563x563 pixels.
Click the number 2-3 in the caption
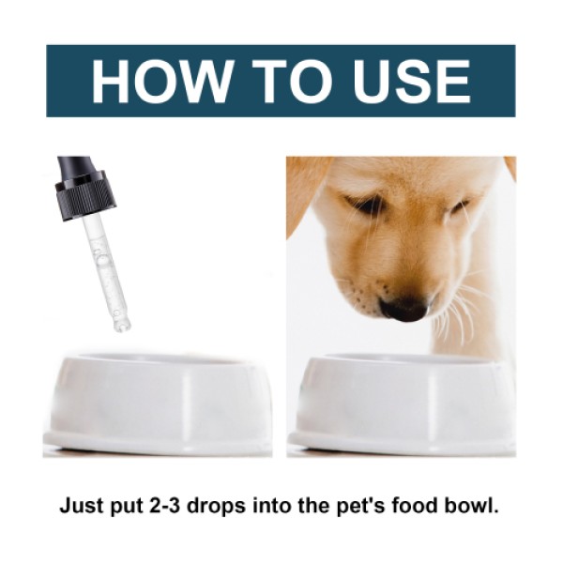(x=192, y=506)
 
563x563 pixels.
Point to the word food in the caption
(x=431, y=506)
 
